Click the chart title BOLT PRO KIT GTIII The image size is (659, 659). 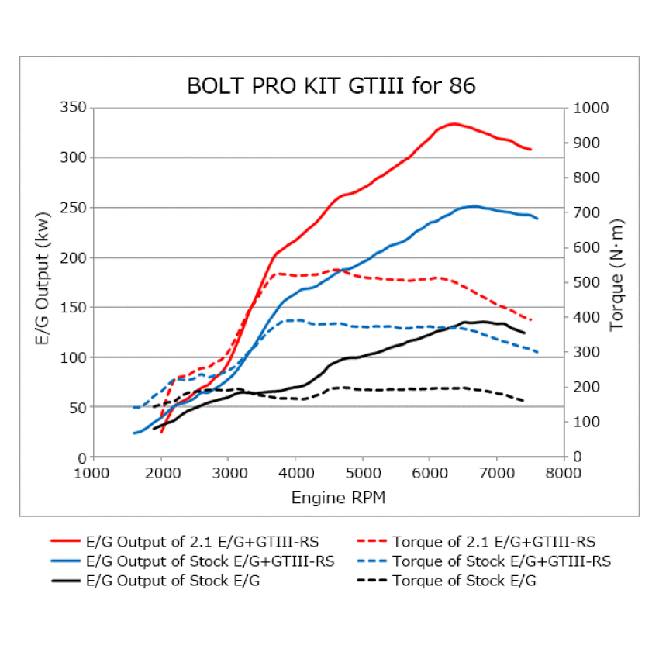331,86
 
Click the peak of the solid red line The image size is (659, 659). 454,123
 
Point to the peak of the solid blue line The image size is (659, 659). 474,206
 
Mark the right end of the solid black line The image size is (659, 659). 525,333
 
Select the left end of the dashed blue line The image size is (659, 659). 134,407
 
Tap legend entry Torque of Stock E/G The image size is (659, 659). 464,581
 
